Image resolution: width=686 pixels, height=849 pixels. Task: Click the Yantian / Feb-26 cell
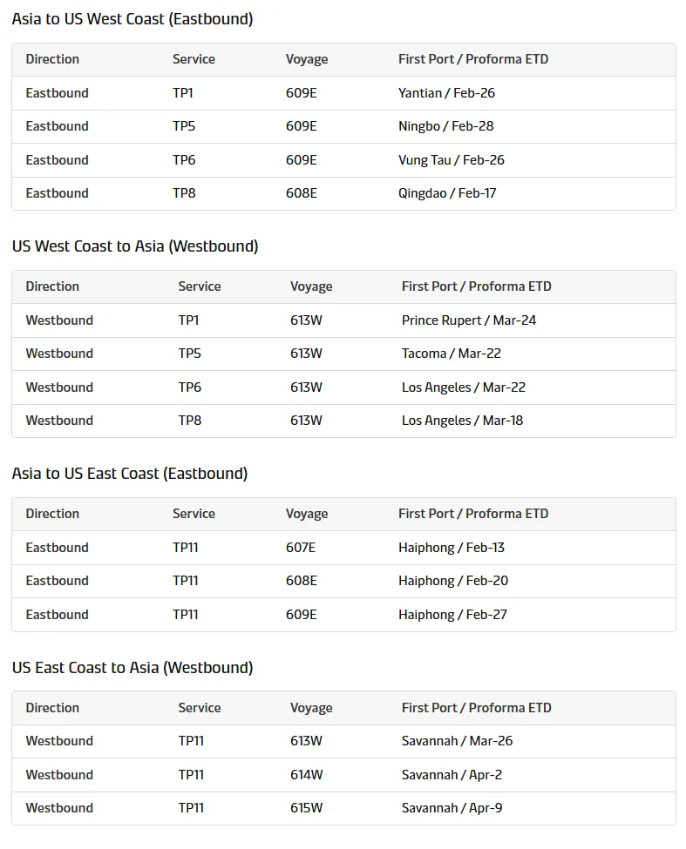coord(446,93)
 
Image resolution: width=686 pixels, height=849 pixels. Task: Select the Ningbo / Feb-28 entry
coord(445,126)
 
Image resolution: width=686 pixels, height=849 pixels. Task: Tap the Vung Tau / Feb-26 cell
coord(451,160)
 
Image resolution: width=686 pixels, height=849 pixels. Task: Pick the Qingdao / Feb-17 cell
coord(447,193)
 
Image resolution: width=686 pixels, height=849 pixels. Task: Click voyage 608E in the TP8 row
coord(301,193)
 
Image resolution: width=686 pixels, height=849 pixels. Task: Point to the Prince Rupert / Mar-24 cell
coord(469,320)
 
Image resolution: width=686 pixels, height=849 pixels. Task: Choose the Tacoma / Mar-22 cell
coord(451,354)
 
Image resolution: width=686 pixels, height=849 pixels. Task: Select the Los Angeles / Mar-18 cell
coord(462,421)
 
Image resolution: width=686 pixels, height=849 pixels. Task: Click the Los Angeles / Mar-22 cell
coord(463,387)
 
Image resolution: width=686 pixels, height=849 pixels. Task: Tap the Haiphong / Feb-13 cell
coord(451,548)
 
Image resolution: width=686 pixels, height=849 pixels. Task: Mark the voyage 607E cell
coord(301,548)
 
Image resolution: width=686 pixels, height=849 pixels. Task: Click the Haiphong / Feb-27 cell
coord(452,615)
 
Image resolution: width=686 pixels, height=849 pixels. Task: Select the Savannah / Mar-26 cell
coord(457,741)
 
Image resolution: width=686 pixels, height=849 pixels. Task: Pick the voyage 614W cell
coord(306,775)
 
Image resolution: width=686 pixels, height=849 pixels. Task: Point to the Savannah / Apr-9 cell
coord(452,808)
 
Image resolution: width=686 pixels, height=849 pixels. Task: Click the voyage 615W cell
coord(306,808)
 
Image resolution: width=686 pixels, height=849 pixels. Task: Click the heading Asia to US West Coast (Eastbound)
coord(132,19)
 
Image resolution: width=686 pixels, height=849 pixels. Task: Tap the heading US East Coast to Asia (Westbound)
coord(132,668)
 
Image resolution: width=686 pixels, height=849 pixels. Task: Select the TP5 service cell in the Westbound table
coord(189,354)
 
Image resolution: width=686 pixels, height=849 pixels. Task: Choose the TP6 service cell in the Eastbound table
coord(184,160)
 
